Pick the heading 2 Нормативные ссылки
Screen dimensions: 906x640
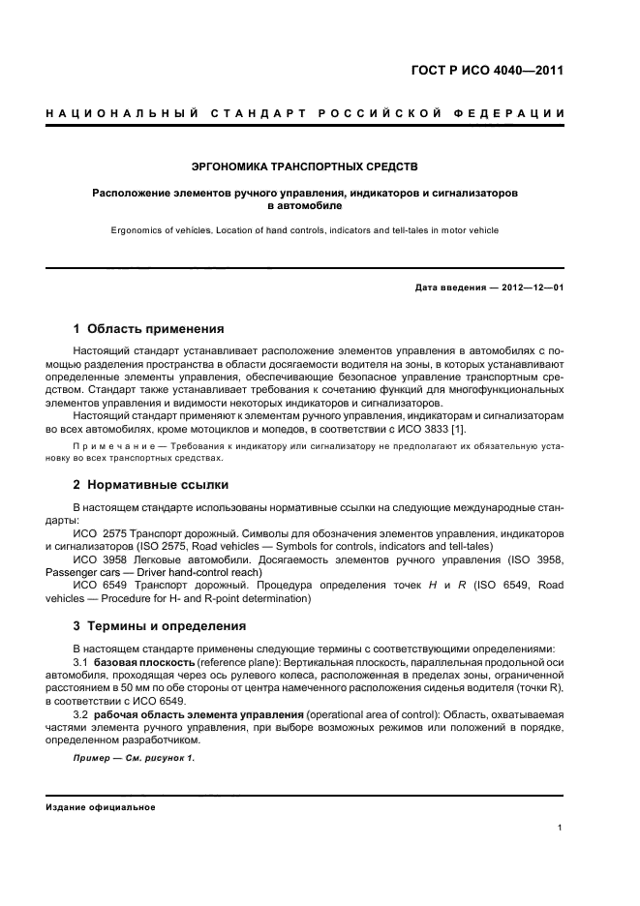[x=151, y=484]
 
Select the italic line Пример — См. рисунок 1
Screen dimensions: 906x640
[x=135, y=758]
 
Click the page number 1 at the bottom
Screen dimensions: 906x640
[x=561, y=828]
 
